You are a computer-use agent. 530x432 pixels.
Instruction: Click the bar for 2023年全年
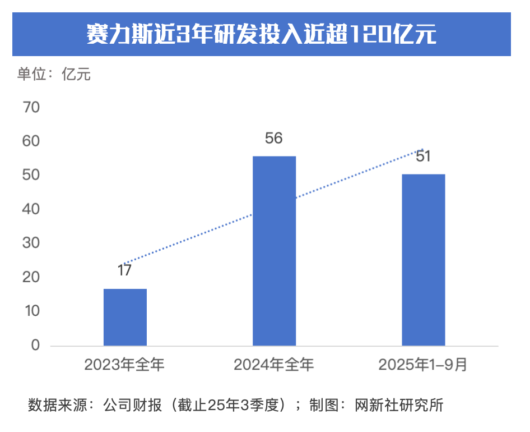click(125, 317)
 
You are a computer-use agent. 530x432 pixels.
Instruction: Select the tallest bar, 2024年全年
click(274, 251)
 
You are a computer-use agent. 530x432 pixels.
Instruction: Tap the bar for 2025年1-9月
click(423, 260)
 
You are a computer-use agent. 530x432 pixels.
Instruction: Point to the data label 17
click(124, 270)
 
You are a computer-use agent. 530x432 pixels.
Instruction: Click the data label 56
click(273, 138)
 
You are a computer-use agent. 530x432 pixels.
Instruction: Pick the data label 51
click(423, 156)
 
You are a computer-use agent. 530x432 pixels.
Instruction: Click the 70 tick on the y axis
click(31, 107)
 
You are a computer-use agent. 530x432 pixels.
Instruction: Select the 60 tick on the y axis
click(31, 141)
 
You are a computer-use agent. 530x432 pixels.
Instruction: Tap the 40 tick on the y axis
click(31, 209)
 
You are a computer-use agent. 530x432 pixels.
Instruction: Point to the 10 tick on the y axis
click(31, 311)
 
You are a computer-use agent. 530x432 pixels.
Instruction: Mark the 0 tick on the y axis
click(35, 345)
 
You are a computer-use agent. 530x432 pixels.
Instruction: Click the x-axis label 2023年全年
click(124, 365)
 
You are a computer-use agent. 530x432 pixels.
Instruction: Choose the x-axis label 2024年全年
click(274, 365)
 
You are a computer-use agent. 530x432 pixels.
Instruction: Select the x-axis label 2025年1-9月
click(423, 365)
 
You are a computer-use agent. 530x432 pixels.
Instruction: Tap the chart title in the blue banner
click(262, 34)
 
